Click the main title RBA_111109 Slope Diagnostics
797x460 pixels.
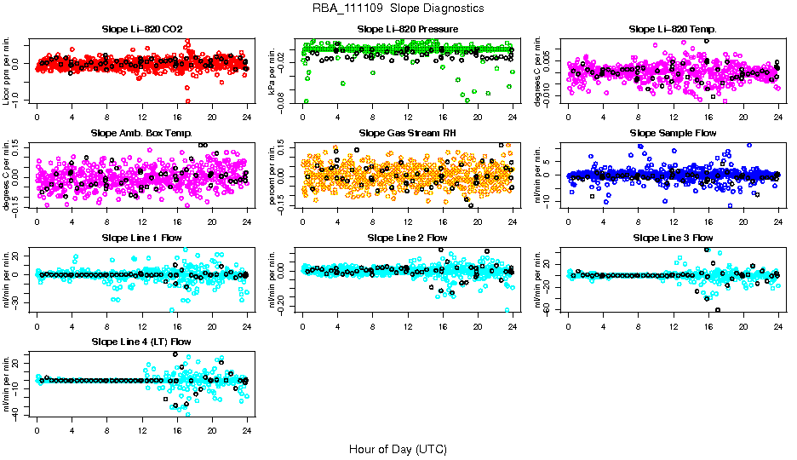click(x=398, y=8)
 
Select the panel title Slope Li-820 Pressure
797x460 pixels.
click(x=408, y=29)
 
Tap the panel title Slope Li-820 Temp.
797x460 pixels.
click(x=673, y=29)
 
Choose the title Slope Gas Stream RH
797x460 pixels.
click(x=408, y=133)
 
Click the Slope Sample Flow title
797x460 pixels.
click(x=673, y=133)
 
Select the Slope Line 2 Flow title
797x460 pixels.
click(x=408, y=237)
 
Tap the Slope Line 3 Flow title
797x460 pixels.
click(x=673, y=237)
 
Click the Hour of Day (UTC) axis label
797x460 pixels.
click(x=398, y=448)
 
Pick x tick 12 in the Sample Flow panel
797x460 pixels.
click(x=674, y=221)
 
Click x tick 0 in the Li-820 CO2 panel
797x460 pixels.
click(x=37, y=118)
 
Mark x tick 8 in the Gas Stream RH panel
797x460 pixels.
click(x=372, y=221)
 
